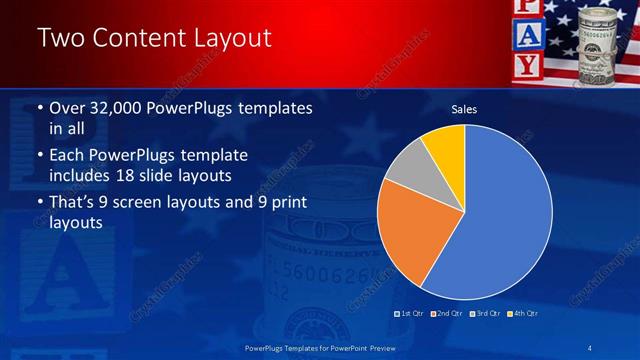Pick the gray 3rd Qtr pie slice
(x=409, y=169)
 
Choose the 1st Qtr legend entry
(x=411, y=314)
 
